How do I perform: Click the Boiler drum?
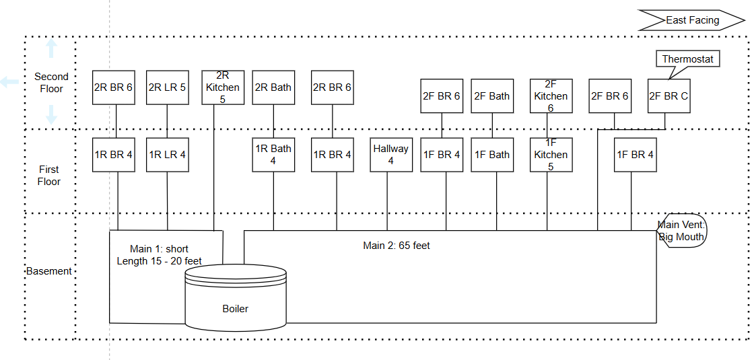click(x=236, y=298)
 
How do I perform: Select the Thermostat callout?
click(x=687, y=60)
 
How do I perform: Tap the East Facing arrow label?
click(x=692, y=20)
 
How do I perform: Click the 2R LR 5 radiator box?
click(x=168, y=87)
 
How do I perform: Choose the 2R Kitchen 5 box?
click(x=223, y=87)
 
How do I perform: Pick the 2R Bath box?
click(x=273, y=87)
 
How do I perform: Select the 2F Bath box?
click(x=492, y=96)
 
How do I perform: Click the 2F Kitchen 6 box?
click(x=551, y=96)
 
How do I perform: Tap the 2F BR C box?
click(x=668, y=96)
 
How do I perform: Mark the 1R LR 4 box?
click(x=168, y=155)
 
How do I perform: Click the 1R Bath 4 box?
click(x=273, y=155)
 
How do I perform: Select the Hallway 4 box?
click(x=391, y=155)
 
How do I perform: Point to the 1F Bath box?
click(x=492, y=155)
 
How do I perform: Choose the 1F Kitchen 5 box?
click(x=551, y=155)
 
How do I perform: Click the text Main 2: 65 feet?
click(x=397, y=246)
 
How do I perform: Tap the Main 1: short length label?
click(x=159, y=255)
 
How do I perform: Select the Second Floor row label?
click(x=51, y=82)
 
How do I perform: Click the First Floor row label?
click(x=49, y=176)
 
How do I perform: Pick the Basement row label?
click(x=48, y=271)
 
